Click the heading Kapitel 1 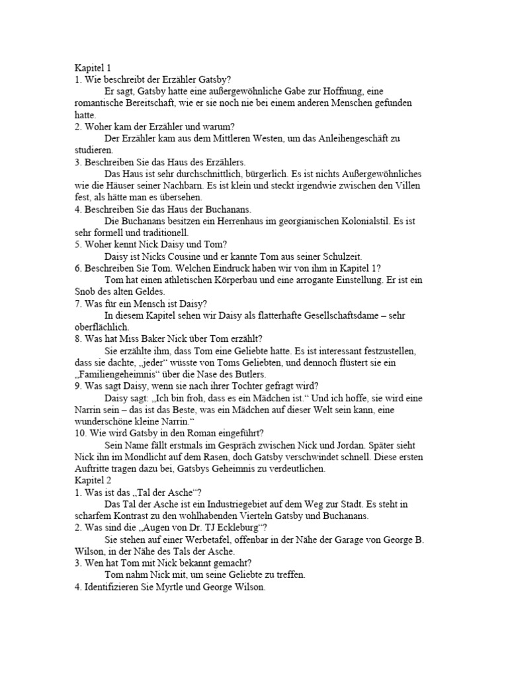coord(92,68)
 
